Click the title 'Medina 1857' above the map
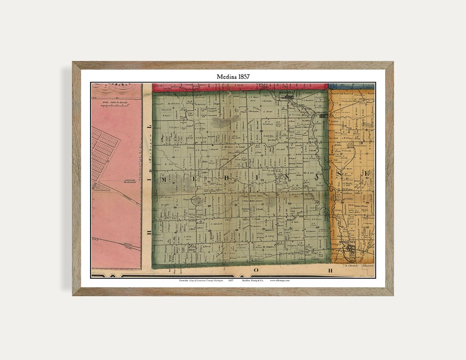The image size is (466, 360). pyautogui.click(x=233, y=77)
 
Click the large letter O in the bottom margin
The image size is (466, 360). pyautogui.click(x=256, y=270)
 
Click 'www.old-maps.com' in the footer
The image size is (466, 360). pyautogui.click(x=280, y=280)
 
